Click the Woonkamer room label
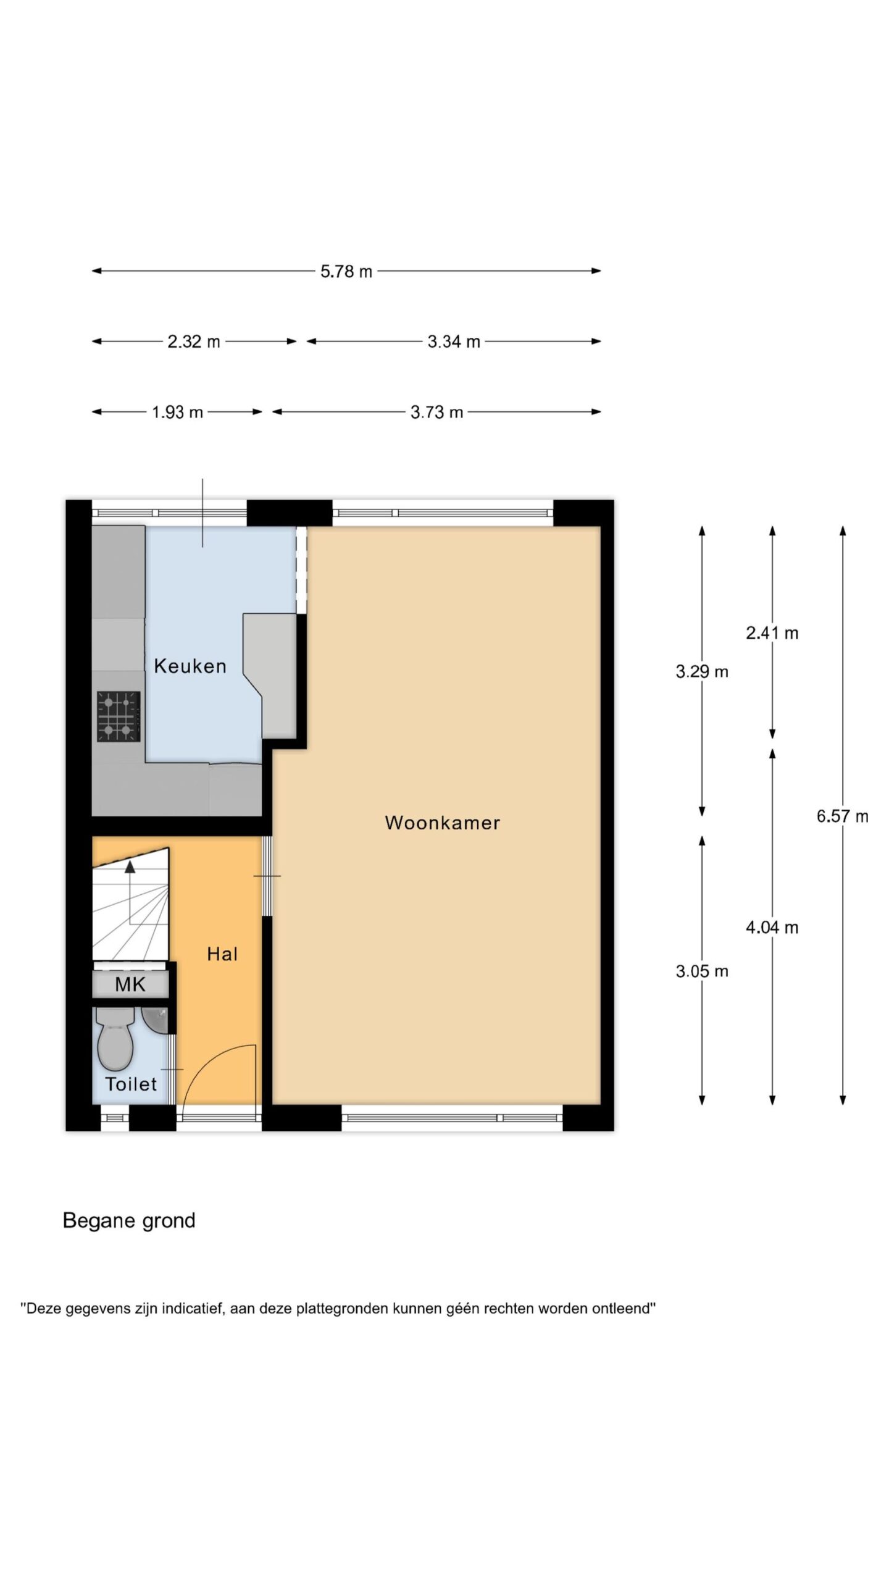coord(442,823)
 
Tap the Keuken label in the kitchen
coord(190,666)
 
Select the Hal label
coord(222,954)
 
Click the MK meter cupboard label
coord(130,984)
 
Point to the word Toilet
coord(131,1084)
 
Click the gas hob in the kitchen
coord(118,716)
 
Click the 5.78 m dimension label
coord(346,272)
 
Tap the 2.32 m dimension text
coord(194,342)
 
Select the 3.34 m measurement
coord(454,342)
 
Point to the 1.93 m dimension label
coord(178,412)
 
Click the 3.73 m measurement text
coord(437,412)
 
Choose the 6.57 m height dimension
coord(843,816)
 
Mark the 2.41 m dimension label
coord(772,633)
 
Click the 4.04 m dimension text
coord(772,927)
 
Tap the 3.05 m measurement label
coord(702,971)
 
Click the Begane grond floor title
coord(129,1221)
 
